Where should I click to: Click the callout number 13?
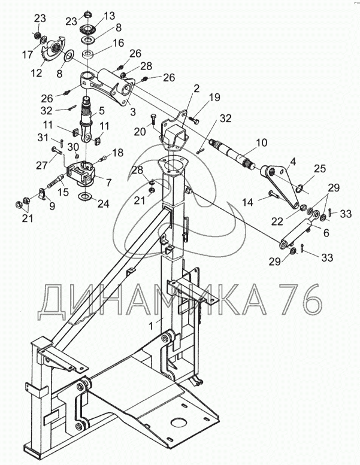coord(108,15)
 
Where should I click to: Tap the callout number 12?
coord(37,73)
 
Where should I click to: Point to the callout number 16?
coord(117,44)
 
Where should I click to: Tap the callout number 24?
coord(104,203)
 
